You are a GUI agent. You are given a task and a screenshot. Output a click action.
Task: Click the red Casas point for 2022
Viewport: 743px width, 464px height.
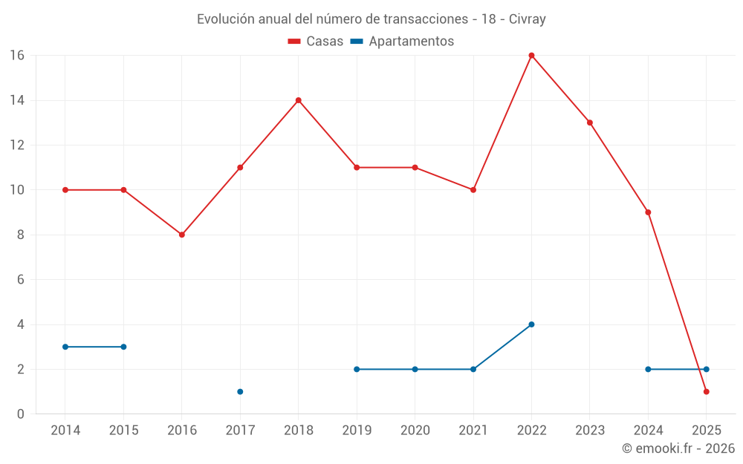(531, 55)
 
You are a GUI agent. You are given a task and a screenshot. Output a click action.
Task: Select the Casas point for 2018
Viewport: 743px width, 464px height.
(298, 100)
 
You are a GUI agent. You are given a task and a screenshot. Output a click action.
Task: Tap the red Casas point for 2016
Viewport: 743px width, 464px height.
(181, 235)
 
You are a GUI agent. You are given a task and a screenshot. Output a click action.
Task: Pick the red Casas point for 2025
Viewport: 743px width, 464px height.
(706, 391)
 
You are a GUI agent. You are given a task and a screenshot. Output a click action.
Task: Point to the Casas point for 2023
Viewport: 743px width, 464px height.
(590, 122)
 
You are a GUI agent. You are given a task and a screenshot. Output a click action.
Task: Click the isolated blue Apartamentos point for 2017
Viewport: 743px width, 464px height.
(240, 391)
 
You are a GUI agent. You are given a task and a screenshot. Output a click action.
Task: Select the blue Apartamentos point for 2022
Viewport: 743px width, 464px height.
(531, 324)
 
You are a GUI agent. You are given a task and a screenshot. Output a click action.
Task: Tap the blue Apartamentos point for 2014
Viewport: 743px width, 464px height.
(65, 347)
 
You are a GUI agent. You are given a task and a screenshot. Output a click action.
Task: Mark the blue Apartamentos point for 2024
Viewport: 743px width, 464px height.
(648, 369)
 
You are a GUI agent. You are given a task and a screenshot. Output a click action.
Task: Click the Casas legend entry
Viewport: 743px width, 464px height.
(316, 42)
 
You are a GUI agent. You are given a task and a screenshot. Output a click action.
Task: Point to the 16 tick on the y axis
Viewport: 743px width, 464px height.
(17, 56)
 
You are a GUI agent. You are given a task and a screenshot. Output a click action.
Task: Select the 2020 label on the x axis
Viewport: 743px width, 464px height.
(415, 431)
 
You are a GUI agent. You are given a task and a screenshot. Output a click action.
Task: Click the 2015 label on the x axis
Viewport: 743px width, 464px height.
(123, 431)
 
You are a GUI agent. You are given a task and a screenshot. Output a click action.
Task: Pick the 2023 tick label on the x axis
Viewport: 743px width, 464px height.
(590, 431)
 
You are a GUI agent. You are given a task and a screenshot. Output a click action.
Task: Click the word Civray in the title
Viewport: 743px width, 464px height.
(528, 19)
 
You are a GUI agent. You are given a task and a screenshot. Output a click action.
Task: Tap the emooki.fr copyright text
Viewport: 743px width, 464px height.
(678, 448)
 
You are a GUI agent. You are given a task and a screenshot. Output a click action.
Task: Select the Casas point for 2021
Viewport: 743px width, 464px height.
(473, 190)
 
